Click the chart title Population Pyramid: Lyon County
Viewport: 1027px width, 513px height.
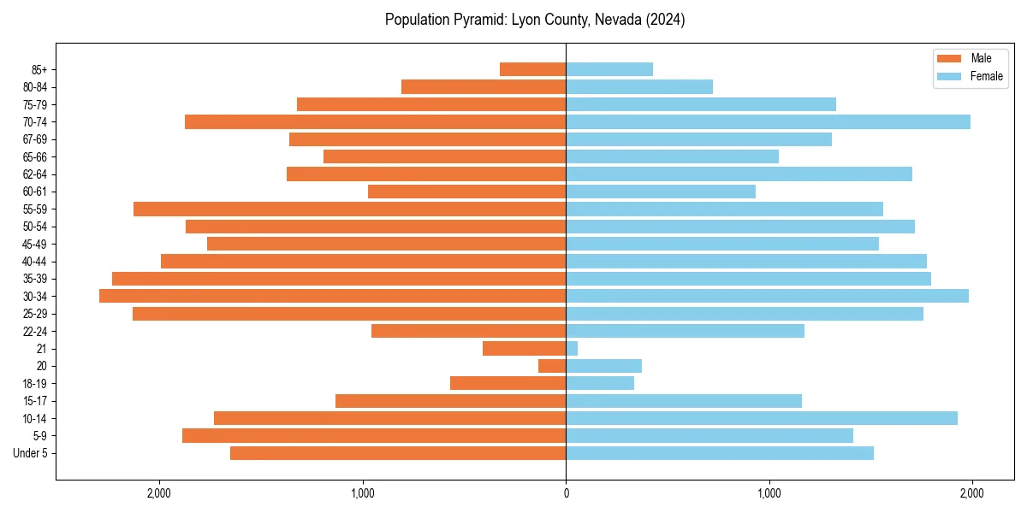coord(535,20)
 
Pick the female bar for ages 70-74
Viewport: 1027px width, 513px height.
coord(768,122)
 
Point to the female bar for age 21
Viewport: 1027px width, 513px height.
coord(572,348)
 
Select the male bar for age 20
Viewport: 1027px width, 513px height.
coord(552,366)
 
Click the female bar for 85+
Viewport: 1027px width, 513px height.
coord(609,69)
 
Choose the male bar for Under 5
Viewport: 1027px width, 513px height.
coord(398,453)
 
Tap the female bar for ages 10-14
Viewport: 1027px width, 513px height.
coord(762,418)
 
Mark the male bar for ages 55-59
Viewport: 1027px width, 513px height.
coord(349,209)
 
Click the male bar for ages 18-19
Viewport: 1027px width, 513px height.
coord(508,383)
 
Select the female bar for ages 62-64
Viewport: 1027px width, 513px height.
coord(739,174)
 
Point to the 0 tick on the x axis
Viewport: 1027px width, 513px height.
coord(566,493)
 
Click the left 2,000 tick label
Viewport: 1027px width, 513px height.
coord(160,493)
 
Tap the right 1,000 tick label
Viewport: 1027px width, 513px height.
coord(769,493)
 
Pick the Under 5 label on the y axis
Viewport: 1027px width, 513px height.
coord(30,453)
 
